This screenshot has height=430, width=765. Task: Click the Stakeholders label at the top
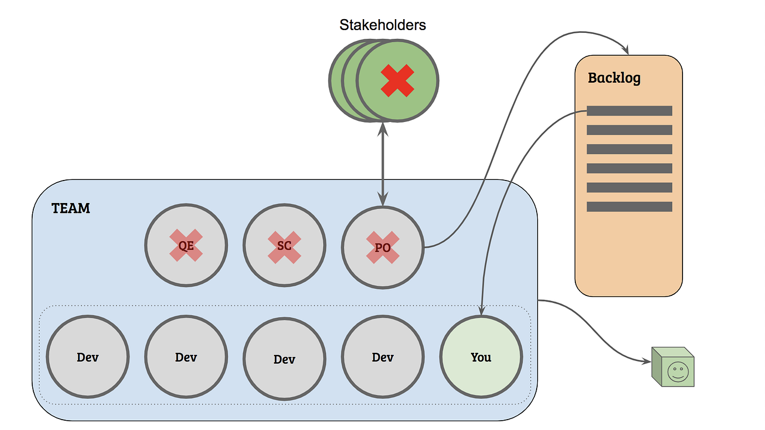[x=382, y=25]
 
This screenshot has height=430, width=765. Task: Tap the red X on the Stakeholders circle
[x=397, y=80]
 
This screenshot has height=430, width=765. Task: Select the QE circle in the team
[x=186, y=245]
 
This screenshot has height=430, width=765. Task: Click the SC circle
[x=284, y=245]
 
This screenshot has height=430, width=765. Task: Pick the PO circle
[x=382, y=246]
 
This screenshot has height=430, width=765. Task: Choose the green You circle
[x=481, y=357]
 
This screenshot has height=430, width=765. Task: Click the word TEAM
[x=71, y=208]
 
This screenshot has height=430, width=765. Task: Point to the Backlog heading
[x=614, y=78]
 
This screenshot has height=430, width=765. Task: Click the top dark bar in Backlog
[x=629, y=111]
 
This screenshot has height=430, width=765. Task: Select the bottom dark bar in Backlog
[x=629, y=207]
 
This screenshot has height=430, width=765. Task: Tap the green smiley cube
[x=673, y=367]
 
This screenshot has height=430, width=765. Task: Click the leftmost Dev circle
[x=87, y=357]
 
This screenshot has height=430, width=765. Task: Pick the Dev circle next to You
[x=382, y=357]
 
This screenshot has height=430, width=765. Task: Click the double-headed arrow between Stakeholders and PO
[x=382, y=164]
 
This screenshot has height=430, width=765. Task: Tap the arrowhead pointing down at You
[x=481, y=311]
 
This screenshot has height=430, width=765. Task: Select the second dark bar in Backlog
[x=629, y=130]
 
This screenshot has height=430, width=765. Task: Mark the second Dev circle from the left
[x=186, y=357]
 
